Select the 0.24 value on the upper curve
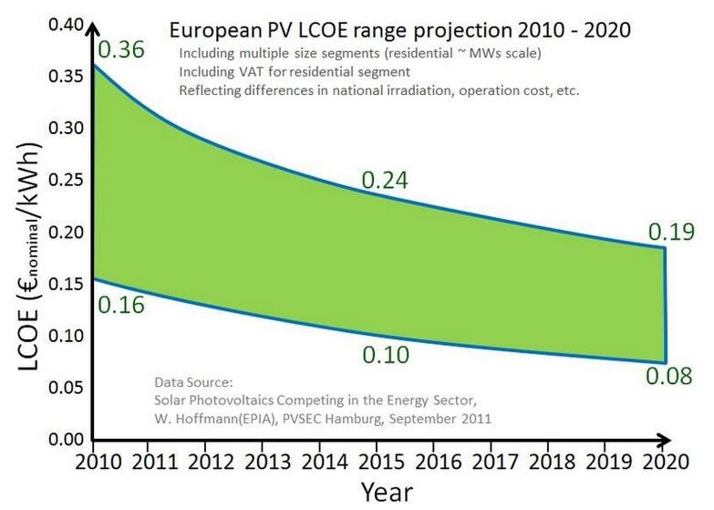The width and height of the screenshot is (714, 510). tap(386, 181)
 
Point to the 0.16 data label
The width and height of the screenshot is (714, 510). tap(120, 305)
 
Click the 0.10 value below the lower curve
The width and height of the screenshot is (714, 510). tap(386, 354)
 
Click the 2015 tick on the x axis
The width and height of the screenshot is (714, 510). tap(378, 461)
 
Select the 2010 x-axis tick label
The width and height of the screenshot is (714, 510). tap(94, 461)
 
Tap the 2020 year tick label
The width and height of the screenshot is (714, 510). tap(663, 461)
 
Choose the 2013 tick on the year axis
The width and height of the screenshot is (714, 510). tap(264, 461)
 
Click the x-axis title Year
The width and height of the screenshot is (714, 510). tap(386, 492)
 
